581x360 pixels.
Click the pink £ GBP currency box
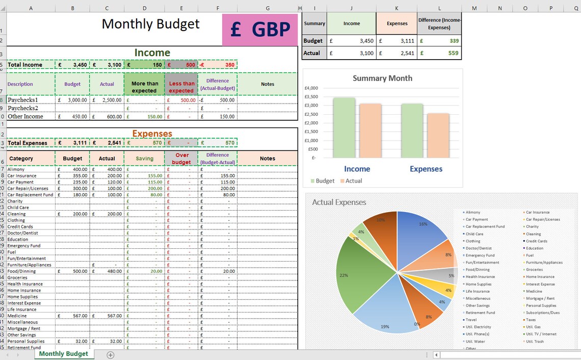tap(260, 30)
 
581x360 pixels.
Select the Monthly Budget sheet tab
tap(63, 353)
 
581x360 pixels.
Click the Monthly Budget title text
tap(151, 24)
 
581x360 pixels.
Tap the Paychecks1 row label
tap(23, 100)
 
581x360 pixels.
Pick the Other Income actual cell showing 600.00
tap(107, 116)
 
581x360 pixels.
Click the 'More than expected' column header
tap(145, 87)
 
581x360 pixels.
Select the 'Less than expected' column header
tap(181, 87)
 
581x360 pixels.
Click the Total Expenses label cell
tap(29, 143)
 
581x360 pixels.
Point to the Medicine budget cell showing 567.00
tap(73, 316)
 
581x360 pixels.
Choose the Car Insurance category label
tap(22, 175)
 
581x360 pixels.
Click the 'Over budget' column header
tap(181, 159)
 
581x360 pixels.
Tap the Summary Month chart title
tap(382, 78)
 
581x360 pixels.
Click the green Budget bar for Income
tap(344, 127)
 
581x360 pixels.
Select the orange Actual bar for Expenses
tap(438, 136)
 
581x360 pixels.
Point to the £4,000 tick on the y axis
tap(311, 88)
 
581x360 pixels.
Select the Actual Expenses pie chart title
tap(339, 202)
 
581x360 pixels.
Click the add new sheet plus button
tap(111, 355)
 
